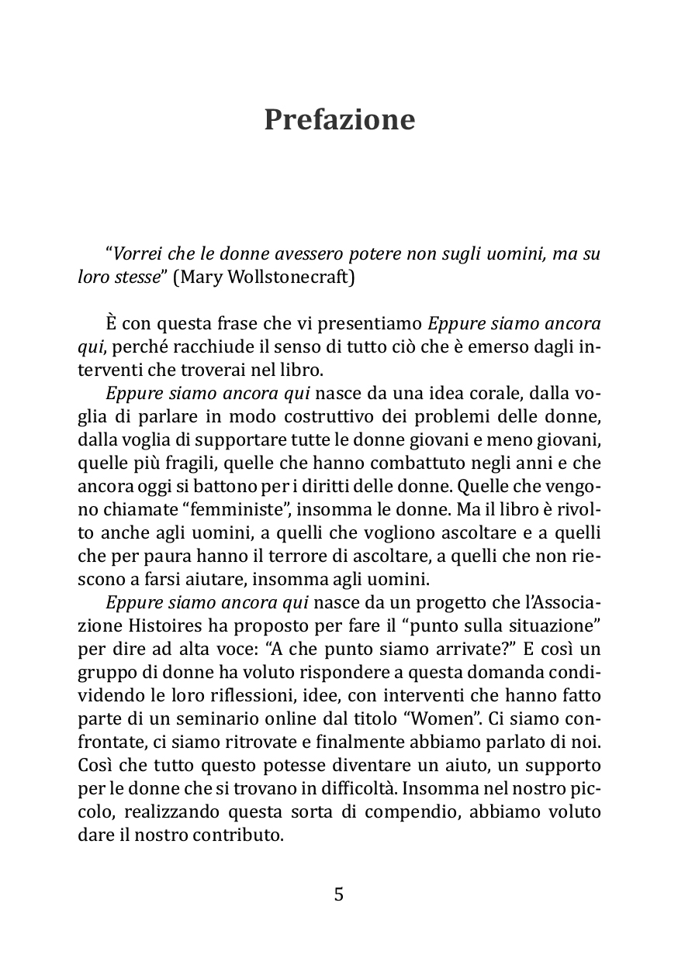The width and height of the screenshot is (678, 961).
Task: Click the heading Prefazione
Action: [x=339, y=120]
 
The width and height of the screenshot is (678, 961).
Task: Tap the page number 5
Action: [x=338, y=894]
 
